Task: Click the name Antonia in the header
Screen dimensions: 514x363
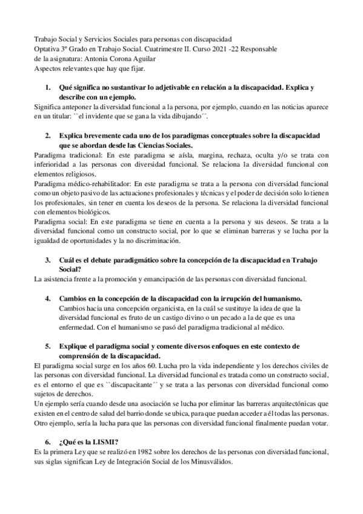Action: click(104, 59)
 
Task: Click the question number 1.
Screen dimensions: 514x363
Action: click(48, 87)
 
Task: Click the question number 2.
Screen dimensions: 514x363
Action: click(48, 133)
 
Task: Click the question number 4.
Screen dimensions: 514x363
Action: click(48, 299)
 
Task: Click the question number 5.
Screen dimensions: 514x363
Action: click(48, 346)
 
